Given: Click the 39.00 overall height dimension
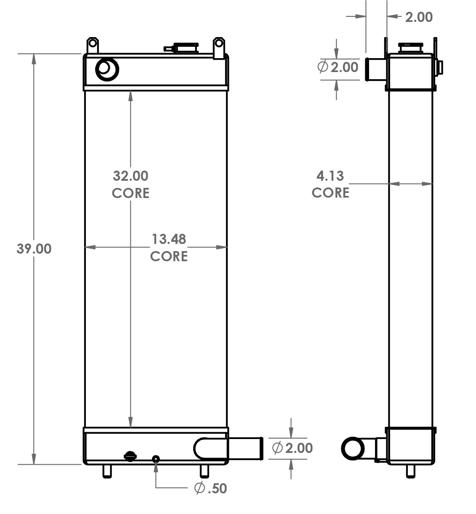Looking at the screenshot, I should (x=34, y=249).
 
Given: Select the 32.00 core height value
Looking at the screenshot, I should (x=130, y=175).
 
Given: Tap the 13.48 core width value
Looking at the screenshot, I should (x=169, y=239).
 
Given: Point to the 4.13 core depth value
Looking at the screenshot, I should (x=330, y=175).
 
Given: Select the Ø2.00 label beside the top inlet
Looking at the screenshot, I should (x=338, y=67).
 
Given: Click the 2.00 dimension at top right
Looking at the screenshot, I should (x=418, y=17).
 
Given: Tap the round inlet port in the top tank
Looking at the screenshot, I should (x=107, y=69).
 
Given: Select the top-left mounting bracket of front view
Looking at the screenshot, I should (x=93, y=44).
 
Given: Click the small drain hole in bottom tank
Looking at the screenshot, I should (x=156, y=458).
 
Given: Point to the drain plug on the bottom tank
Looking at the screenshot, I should (x=130, y=456).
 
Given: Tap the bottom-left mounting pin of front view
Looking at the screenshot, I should (x=107, y=471).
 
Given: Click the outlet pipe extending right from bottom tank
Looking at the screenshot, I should (x=244, y=448).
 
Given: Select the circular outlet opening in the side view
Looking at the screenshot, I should (x=353, y=449).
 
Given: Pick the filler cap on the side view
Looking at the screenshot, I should (x=411, y=47).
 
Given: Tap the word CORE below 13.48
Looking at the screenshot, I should (x=169, y=256).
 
